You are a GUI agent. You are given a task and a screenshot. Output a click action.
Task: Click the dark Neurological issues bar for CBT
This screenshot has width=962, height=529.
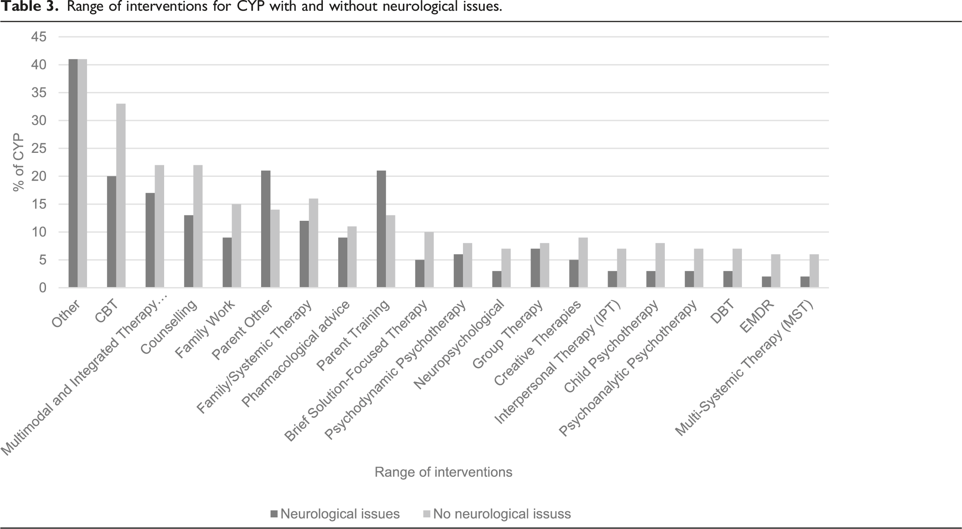point(111,232)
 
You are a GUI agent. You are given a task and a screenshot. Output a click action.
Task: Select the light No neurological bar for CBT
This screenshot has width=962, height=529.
point(121,196)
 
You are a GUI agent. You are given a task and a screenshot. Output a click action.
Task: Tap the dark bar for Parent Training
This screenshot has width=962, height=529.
point(381,229)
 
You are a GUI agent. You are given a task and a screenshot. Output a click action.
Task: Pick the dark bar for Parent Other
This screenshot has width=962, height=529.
point(266,229)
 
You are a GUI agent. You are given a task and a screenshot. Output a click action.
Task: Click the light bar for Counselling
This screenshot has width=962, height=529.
point(198,226)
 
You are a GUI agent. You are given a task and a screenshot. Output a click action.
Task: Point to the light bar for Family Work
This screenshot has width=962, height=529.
point(237,246)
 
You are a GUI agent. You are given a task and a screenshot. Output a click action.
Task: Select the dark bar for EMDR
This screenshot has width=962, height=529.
point(766,282)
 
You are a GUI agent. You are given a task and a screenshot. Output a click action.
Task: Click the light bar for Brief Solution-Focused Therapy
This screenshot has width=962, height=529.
point(429,260)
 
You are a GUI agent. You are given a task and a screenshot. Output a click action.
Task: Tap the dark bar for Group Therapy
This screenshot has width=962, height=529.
point(536,268)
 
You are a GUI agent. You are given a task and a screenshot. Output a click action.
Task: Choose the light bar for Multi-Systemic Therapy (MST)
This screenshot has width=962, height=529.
point(814,271)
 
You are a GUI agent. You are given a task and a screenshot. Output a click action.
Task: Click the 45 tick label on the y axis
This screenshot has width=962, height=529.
point(39,37)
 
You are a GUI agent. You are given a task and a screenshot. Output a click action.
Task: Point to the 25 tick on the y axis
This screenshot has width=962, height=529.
point(39,148)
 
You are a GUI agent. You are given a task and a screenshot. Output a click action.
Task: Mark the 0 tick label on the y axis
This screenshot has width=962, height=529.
point(43,287)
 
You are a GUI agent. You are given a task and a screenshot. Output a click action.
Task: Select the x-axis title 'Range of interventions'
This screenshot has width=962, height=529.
point(443,472)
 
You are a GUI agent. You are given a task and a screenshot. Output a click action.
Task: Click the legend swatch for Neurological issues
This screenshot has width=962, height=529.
point(274,514)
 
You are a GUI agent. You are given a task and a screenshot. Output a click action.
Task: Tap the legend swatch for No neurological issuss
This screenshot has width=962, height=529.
point(427,514)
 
